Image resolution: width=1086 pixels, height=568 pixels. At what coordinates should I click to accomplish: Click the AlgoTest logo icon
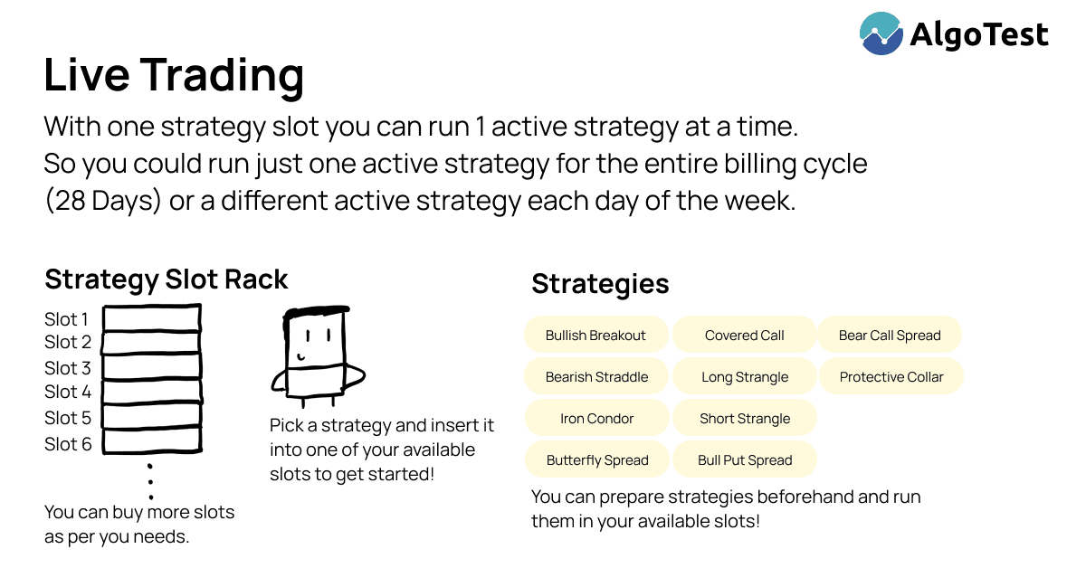click(881, 33)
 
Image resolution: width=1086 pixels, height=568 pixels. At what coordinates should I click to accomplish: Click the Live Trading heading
click(174, 75)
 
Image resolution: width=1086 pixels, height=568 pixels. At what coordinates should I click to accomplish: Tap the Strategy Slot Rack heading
click(167, 279)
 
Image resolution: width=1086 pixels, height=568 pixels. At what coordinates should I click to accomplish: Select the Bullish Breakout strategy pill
click(595, 335)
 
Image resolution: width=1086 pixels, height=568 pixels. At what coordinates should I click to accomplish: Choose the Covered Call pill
click(744, 335)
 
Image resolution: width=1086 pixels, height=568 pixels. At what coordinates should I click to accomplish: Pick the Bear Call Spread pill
click(890, 335)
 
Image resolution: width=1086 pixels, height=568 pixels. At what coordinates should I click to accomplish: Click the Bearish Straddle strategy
click(596, 376)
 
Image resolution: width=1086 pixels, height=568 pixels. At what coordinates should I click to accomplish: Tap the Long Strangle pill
click(745, 376)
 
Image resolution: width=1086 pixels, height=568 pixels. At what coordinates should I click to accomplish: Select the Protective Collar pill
click(891, 376)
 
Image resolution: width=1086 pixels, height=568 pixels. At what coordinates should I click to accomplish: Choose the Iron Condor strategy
click(596, 418)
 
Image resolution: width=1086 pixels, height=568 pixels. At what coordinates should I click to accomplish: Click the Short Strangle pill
click(745, 418)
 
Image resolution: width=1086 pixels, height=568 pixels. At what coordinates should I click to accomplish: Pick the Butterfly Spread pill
click(597, 460)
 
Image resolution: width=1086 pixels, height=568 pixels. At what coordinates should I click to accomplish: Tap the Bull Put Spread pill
click(745, 460)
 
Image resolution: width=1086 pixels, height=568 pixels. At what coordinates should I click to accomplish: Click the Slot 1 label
click(66, 319)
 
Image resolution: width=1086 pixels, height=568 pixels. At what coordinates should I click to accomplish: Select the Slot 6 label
click(68, 444)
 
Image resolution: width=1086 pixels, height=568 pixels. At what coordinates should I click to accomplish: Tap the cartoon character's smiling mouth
click(301, 357)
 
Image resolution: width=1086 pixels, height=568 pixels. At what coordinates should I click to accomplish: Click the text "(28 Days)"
click(102, 200)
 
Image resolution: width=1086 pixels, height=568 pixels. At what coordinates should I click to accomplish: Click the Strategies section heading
click(600, 284)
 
